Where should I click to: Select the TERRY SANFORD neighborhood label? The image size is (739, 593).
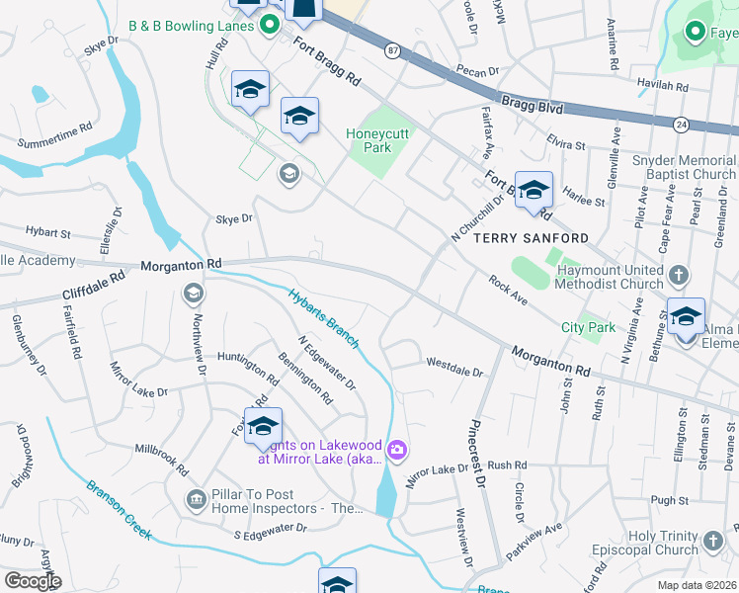[x=531, y=238]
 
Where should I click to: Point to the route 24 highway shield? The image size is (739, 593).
[x=681, y=125]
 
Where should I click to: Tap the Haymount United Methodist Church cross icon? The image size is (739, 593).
[x=679, y=273]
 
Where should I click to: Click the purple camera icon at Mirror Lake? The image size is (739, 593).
[x=397, y=452]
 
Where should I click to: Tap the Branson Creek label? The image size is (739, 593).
[x=119, y=510]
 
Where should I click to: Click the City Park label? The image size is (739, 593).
[x=588, y=327]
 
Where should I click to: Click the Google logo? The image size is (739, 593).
[x=32, y=580]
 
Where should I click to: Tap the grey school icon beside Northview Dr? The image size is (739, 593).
[x=192, y=293]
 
